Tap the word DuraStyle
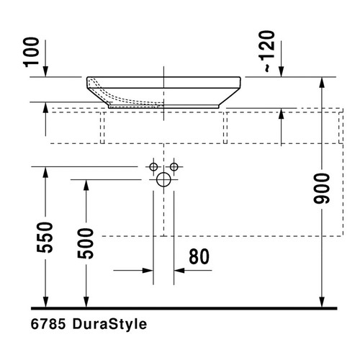tap(111, 324)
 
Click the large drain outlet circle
tap(164, 179)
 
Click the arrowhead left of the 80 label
tap(148, 271)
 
